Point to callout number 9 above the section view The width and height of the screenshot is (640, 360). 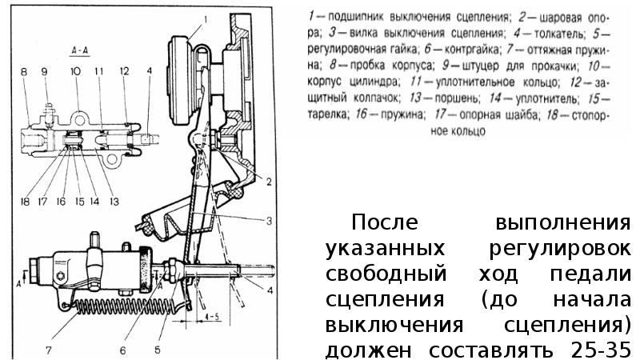pos(44,72)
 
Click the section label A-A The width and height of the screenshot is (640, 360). pos(79,48)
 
